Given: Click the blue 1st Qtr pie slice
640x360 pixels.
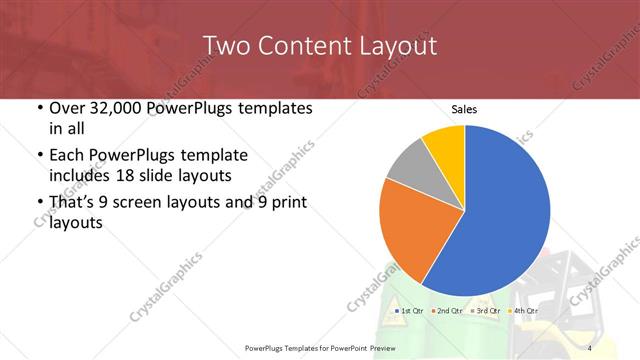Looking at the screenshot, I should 500,215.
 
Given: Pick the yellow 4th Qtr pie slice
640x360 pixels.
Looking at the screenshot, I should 444,145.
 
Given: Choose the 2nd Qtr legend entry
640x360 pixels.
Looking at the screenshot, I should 447,312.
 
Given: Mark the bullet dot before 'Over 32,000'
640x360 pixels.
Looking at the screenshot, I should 40,108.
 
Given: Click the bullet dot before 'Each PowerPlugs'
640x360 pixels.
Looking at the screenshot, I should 40,155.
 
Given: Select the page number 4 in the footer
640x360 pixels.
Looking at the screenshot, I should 590,348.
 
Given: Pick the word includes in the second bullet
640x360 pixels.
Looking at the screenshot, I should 83,176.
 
